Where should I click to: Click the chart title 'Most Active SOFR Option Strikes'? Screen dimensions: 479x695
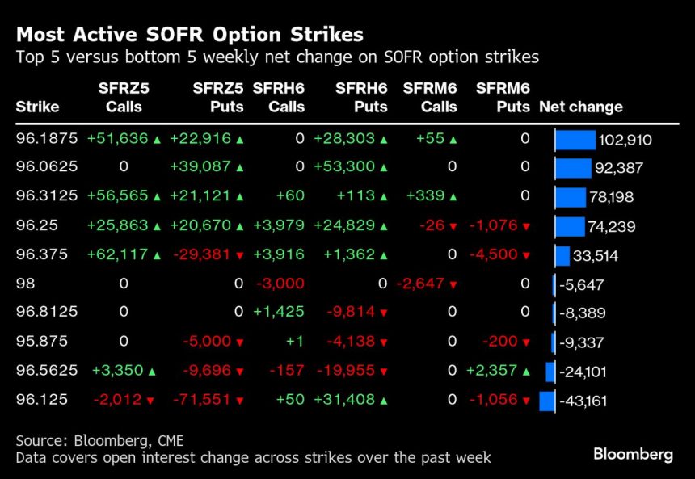point(189,35)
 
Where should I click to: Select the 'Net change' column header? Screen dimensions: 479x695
point(580,107)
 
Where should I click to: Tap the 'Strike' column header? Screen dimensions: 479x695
point(37,107)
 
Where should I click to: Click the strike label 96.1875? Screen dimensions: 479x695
point(47,139)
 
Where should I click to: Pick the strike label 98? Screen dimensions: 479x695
point(25,284)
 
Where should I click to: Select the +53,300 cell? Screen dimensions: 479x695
point(344,168)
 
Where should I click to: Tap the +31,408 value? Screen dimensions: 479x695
point(344,400)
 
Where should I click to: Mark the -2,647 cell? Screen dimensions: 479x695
point(423,284)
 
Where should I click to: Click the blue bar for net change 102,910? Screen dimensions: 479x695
point(575,140)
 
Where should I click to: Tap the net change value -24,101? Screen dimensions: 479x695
point(588,372)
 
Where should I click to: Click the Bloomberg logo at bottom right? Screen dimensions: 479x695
point(633,454)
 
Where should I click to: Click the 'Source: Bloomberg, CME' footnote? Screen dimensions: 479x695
point(99,440)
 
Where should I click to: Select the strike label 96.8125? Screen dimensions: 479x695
point(47,313)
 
